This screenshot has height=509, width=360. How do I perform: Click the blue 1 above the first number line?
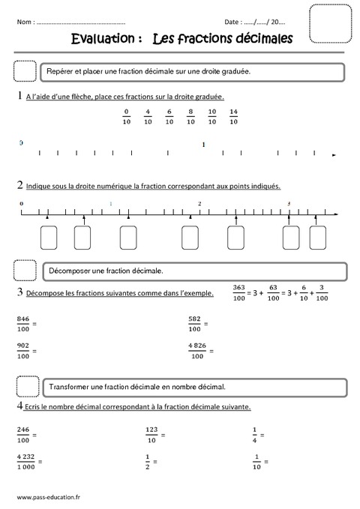point(203,143)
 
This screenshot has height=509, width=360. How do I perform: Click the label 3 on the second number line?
point(289,203)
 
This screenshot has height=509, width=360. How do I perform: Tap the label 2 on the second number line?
point(199,203)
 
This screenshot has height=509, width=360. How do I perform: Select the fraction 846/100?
point(24,323)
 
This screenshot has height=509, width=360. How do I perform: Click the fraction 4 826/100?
point(197,351)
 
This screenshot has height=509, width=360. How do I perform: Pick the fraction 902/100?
point(24,351)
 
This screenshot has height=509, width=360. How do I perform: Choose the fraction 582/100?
point(195,323)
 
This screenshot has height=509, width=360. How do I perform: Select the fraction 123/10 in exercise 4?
point(152,434)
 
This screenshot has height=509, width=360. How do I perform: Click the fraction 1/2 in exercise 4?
point(148,461)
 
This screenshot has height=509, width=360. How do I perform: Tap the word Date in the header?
point(232,22)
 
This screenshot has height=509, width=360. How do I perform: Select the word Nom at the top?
point(23,22)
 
